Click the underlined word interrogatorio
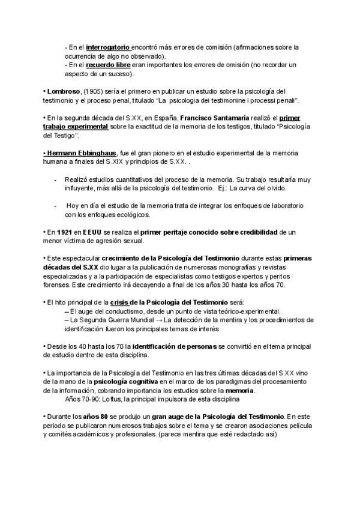[x=107, y=46]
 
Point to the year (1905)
[x=91, y=91]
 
